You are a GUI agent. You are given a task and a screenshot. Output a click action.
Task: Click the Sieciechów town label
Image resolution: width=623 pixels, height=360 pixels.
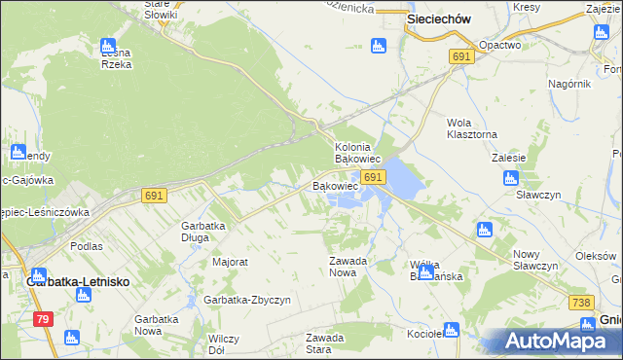point(439,18)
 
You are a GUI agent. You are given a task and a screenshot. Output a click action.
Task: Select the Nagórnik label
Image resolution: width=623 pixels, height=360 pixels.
point(569,84)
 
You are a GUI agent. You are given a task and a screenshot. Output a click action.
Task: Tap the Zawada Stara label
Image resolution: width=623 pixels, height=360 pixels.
point(325,343)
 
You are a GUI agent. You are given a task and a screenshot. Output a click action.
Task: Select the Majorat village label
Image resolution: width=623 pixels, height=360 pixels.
point(231,263)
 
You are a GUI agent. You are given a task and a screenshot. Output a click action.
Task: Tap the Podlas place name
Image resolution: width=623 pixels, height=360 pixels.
point(87,246)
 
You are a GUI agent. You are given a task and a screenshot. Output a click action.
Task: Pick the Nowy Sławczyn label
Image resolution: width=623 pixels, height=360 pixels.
point(535,260)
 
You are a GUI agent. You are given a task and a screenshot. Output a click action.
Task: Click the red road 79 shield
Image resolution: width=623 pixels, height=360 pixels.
point(42,318)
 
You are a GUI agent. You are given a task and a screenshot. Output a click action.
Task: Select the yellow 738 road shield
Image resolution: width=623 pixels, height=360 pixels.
point(581,303)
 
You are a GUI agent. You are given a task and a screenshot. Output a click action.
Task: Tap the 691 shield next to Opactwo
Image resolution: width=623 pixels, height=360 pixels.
point(461,58)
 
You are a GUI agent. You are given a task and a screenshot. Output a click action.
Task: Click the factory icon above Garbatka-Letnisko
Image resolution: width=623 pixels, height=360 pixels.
point(38,275)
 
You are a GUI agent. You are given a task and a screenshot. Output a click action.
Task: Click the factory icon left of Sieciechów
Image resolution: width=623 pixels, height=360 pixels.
point(378,45)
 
